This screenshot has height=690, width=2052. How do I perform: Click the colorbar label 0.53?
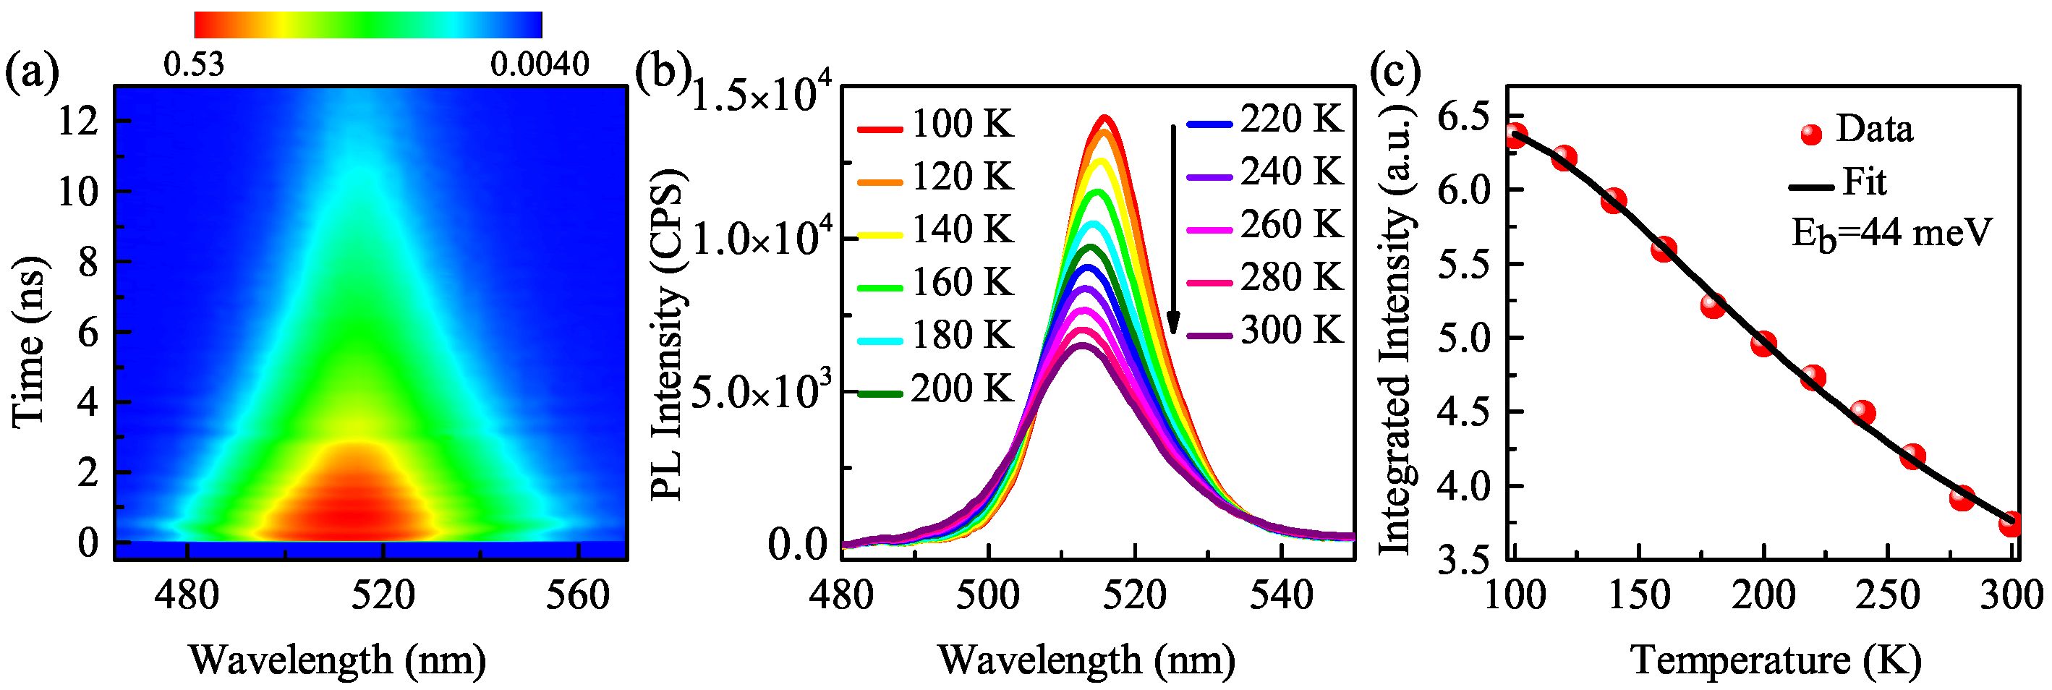(194, 64)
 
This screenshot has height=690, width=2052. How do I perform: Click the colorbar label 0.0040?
(540, 64)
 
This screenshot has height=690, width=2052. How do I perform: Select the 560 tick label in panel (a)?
(577, 595)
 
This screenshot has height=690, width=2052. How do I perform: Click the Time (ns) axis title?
(29, 343)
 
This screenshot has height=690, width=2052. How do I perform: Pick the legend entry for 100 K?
(936, 125)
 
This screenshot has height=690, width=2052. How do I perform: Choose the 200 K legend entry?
(936, 390)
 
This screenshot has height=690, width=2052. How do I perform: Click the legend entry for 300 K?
(1265, 331)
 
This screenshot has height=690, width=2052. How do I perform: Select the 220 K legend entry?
(1265, 119)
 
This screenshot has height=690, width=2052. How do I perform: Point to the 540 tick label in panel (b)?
(1281, 595)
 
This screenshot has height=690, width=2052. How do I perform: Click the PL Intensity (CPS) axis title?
(668, 335)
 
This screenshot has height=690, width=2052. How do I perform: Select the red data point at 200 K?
(1763, 344)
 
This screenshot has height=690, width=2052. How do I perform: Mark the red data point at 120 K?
(1564, 158)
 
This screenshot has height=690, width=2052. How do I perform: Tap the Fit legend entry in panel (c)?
(1840, 183)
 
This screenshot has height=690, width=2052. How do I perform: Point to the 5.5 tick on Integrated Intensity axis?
(1463, 265)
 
